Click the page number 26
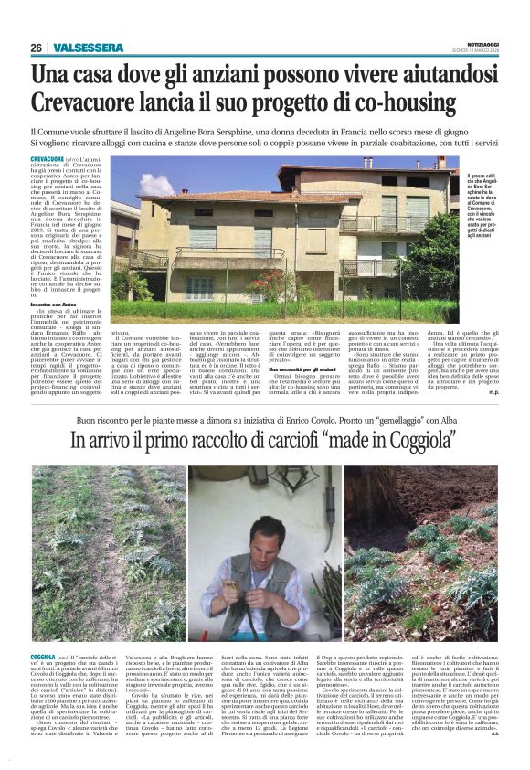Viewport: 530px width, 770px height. (x=36, y=48)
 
